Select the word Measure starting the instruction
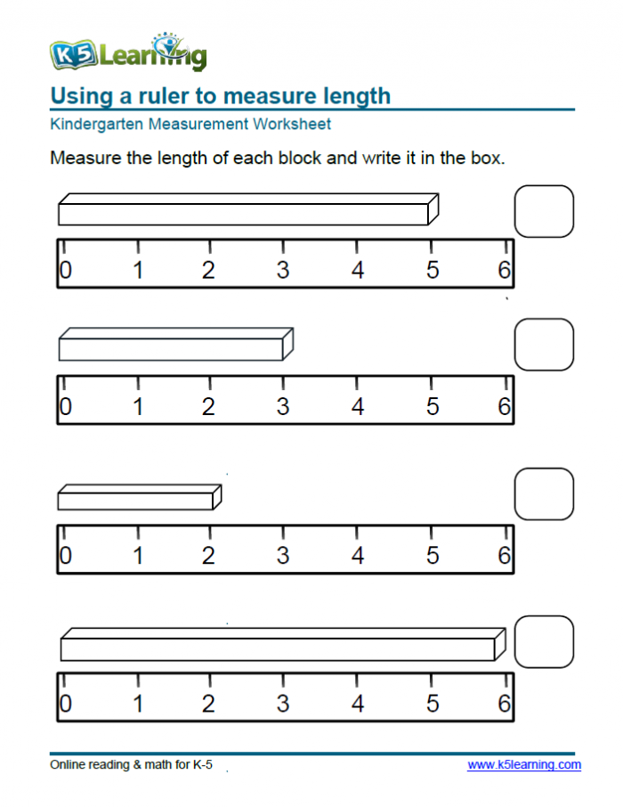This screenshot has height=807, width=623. click(x=85, y=158)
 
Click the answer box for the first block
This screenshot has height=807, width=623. click(x=544, y=211)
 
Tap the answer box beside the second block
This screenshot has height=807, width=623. click(x=544, y=345)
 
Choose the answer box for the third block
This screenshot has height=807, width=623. click(x=544, y=494)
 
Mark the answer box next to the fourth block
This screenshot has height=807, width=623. click(x=544, y=642)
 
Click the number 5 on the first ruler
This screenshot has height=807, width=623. click(x=433, y=270)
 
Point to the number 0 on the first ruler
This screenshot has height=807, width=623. click(x=65, y=270)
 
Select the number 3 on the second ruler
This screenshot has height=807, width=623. click(x=282, y=406)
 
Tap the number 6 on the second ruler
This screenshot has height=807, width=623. click(x=504, y=406)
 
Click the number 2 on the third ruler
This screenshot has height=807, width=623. click(x=208, y=555)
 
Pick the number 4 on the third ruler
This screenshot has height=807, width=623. click(x=358, y=555)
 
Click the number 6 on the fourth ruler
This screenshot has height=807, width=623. click(x=504, y=704)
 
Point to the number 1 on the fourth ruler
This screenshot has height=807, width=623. click(x=137, y=704)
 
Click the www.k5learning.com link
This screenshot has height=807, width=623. click(x=524, y=765)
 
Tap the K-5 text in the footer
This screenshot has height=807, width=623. click(x=202, y=765)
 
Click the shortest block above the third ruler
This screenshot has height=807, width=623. click(x=140, y=497)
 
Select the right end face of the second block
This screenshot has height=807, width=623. click(x=288, y=344)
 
